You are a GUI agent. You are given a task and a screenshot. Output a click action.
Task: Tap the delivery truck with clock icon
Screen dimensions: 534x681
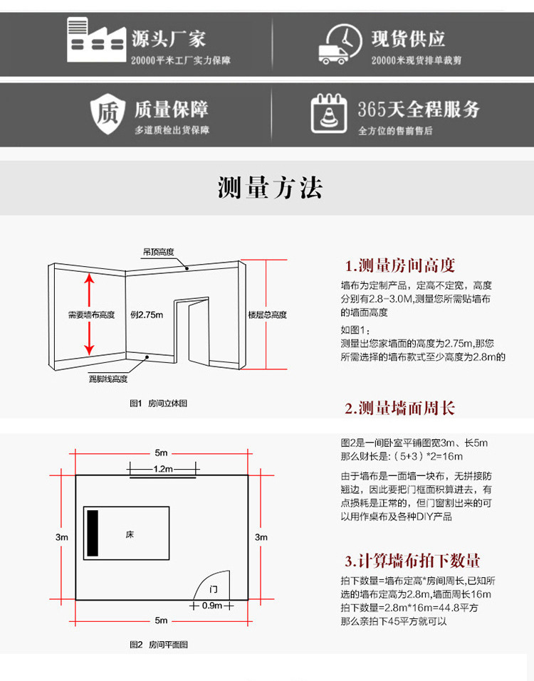click(338, 43)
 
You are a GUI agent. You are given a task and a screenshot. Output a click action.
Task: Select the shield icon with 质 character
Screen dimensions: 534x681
click(107, 113)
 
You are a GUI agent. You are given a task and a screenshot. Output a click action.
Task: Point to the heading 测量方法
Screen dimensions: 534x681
click(270, 187)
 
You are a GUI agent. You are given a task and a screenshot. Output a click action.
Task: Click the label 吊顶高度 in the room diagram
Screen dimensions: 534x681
click(158, 252)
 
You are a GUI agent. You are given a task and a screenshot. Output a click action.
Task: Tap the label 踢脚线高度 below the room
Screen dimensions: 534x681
click(108, 379)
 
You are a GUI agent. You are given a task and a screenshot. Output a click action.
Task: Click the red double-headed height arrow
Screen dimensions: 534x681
click(90, 314)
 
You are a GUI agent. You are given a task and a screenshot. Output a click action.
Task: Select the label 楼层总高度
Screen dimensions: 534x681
click(267, 315)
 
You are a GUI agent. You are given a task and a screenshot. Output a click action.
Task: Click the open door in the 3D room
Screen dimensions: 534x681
click(191, 331)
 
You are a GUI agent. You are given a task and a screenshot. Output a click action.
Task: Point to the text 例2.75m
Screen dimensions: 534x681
click(147, 315)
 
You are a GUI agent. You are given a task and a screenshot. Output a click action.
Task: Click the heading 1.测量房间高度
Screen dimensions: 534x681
click(400, 266)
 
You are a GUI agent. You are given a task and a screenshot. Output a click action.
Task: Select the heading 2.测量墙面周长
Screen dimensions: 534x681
click(399, 408)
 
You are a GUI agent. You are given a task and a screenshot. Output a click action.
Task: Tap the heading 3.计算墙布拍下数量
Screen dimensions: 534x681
click(412, 560)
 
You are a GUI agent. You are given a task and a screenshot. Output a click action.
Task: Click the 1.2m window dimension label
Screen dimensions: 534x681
click(163, 469)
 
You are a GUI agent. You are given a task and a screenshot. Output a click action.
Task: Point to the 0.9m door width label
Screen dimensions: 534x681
click(212, 606)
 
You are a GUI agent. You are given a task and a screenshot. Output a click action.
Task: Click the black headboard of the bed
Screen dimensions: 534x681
click(93, 533)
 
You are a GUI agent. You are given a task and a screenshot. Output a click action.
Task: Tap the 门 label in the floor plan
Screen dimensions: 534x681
click(214, 590)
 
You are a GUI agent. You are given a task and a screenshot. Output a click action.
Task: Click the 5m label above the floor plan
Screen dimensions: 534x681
click(162, 453)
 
